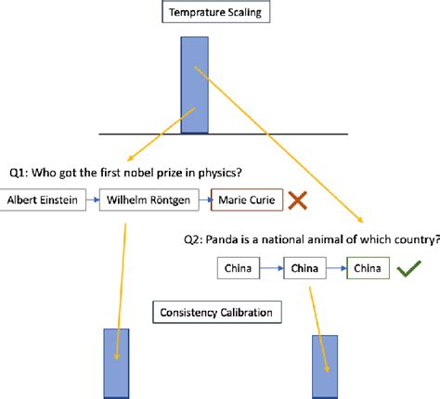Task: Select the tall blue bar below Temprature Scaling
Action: click(x=195, y=84)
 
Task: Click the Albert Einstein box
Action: click(x=44, y=199)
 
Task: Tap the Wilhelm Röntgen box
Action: click(x=147, y=199)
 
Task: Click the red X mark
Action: click(x=298, y=199)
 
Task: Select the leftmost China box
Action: click(x=238, y=269)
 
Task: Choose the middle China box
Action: click(x=303, y=269)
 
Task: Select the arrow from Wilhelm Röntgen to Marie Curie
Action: click(x=201, y=199)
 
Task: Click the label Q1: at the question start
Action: click(x=19, y=173)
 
